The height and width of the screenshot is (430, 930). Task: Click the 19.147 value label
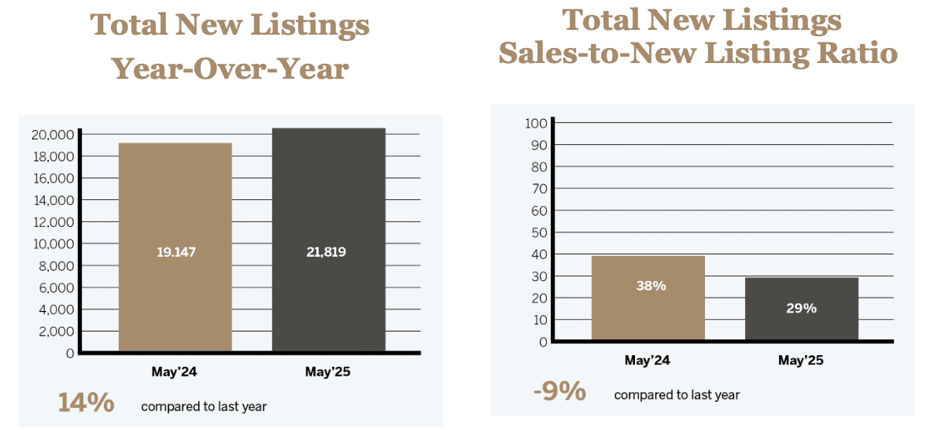tap(175, 253)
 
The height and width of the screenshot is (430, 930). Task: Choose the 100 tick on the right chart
tap(536, 123)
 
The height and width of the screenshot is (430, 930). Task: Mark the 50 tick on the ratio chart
tap(539, 232)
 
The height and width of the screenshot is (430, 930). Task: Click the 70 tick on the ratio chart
tap(539, 189)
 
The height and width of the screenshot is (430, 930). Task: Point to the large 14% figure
tap(86, 403)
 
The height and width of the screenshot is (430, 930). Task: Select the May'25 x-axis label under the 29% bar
tap(800, 361)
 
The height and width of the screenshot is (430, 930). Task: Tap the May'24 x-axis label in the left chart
tap(174, 372)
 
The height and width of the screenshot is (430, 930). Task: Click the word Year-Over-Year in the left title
tap(230, 69)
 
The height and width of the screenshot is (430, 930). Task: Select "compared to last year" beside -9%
tap(677, 395)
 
